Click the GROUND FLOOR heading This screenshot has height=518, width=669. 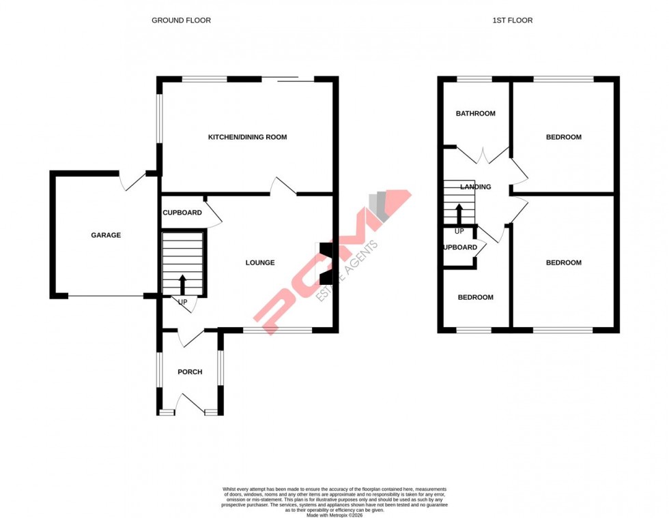coord(181,20)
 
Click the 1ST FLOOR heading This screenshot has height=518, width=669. coord(512,20)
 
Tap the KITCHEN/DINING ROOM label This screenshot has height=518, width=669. coord(247,138)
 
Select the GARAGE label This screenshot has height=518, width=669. coord(106,235)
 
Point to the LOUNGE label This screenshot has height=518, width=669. coord(260,262)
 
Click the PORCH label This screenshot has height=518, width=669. coord(190,372)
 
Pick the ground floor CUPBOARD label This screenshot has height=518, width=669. coord(182,213)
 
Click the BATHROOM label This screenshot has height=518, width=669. coord(476,114)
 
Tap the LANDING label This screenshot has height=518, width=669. coord(476,187)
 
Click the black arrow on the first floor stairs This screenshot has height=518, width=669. coord(459,212)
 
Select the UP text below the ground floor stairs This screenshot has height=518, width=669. coord(182,302)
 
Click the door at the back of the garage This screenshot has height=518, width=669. coord(132,180)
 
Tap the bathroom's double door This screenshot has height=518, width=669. coord(483,155)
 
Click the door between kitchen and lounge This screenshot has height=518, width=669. coord(283,186)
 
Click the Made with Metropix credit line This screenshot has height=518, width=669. coord(334,515)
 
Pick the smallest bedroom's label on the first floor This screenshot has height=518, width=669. coord(475,298)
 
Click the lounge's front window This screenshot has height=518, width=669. coord(278,331)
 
